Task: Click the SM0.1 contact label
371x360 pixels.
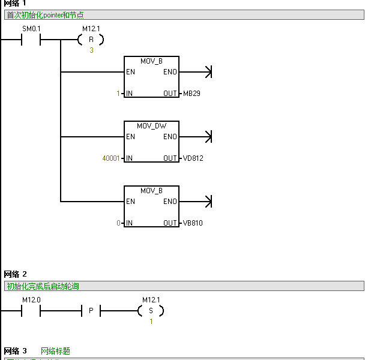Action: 31,29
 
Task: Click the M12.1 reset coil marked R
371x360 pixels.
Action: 91,40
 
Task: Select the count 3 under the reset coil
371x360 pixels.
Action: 91,50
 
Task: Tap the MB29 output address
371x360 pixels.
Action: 192,94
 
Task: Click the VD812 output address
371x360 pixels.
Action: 193,158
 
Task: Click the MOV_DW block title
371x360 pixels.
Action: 151,126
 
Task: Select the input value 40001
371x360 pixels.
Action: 112,158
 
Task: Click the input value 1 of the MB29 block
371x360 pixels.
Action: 118,94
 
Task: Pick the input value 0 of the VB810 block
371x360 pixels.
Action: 119,223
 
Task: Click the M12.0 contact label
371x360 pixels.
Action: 31,299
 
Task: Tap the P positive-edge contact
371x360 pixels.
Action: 91,311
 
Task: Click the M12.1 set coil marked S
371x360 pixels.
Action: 151,311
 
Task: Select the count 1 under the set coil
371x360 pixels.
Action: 151,322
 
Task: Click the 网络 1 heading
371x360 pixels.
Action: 16,4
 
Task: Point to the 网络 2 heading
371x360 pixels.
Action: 16,274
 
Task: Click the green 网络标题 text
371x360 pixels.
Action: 55,351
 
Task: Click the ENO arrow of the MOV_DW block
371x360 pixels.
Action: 208,137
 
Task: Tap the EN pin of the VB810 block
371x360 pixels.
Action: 130,202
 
